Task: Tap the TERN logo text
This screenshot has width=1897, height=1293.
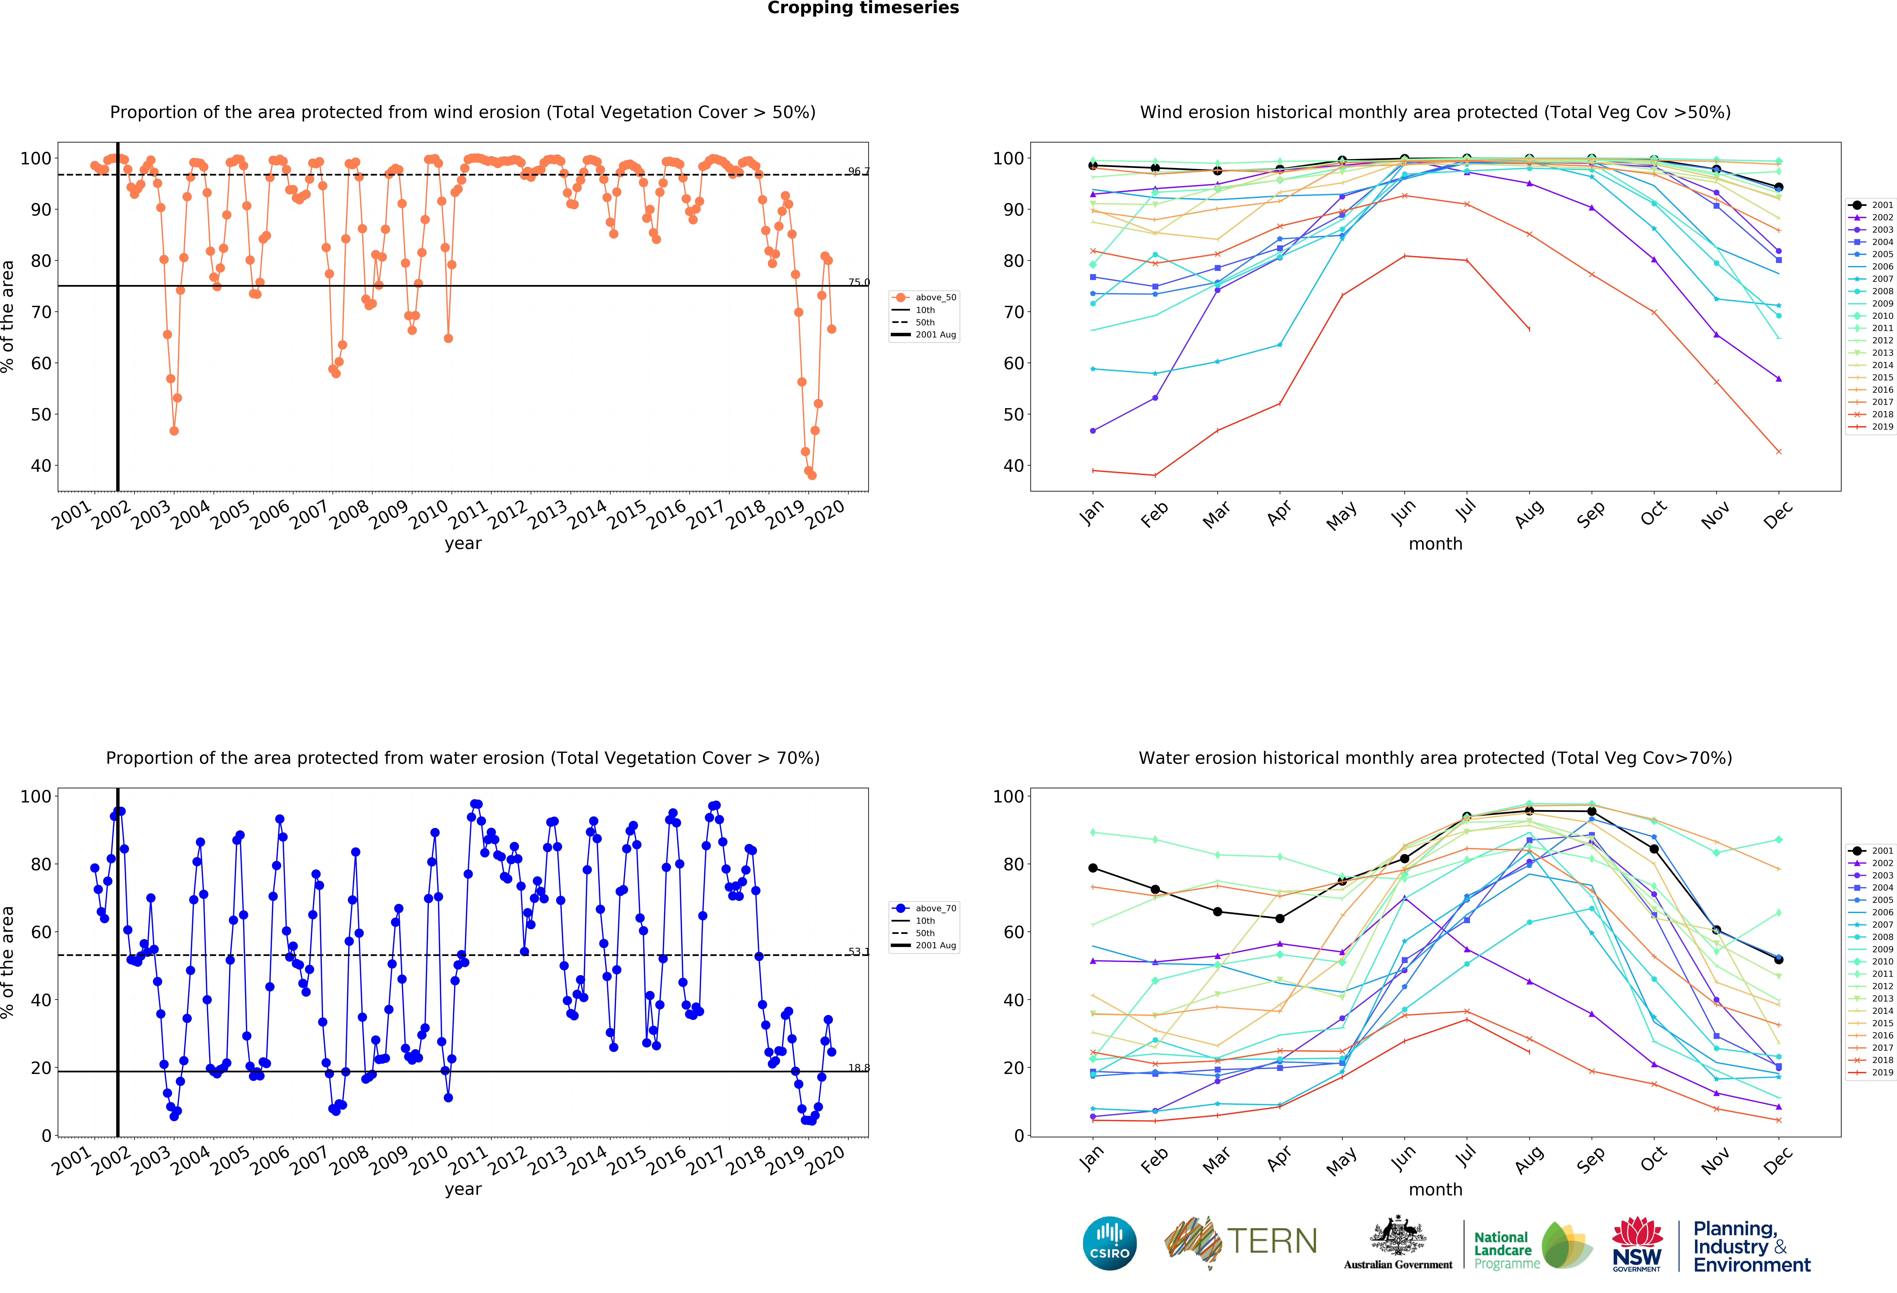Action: (1272, 1242)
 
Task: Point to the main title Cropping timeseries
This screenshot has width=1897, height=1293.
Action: (863, 8)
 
